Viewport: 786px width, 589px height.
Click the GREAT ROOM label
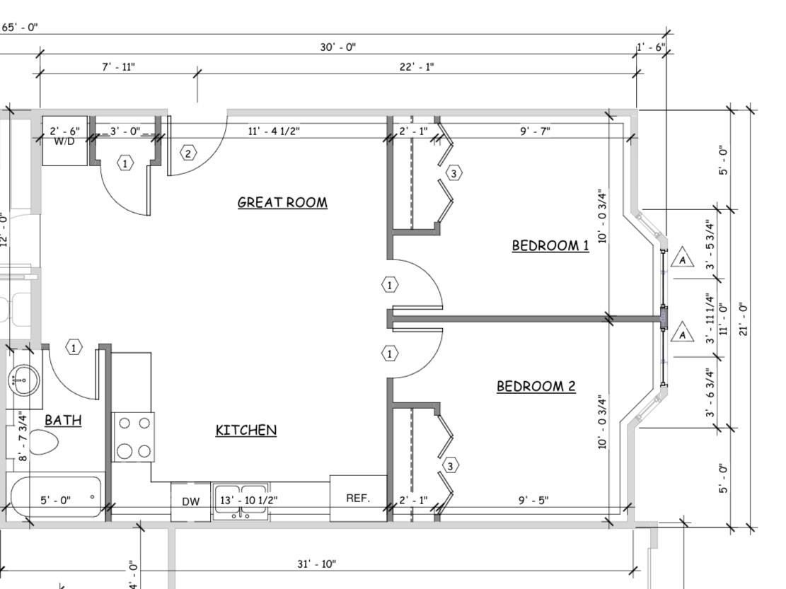(x=282, y=202)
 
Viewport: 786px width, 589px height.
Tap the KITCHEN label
(x=245, y=430)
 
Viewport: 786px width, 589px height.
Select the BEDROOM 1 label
(x=550, y=245)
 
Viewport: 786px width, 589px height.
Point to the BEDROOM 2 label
(x=536, y=386)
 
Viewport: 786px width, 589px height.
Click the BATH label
(x=63, y=420)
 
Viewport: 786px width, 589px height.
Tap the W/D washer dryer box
(x=64, y=141)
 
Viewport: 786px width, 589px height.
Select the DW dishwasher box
(x=191, y=501)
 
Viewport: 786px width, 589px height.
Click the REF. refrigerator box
(x=358, y=498)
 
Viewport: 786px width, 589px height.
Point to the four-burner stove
(x=134, y=437)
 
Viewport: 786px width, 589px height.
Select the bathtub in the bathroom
(x=55, y=497)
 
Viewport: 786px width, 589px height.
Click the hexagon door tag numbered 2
(x=187, y=153)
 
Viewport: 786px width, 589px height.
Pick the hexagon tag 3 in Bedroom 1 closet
(x=454, y=173)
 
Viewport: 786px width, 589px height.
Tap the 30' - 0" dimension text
(x=338, y=47)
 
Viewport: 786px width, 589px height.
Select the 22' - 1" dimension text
(x=417, y=67)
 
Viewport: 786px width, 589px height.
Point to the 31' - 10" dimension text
(x=316, y=564)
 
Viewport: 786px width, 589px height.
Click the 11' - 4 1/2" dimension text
(x=274, y=131)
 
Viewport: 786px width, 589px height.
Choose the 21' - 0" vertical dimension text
(x=742, y=320)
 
